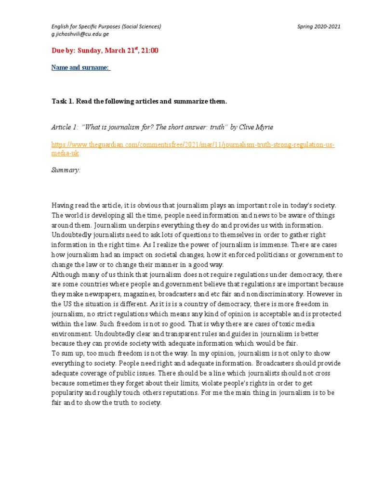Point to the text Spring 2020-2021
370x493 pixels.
tap(319, 26)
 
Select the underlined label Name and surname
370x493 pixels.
tap(81, 67)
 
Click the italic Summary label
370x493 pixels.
tap(66, 170)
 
